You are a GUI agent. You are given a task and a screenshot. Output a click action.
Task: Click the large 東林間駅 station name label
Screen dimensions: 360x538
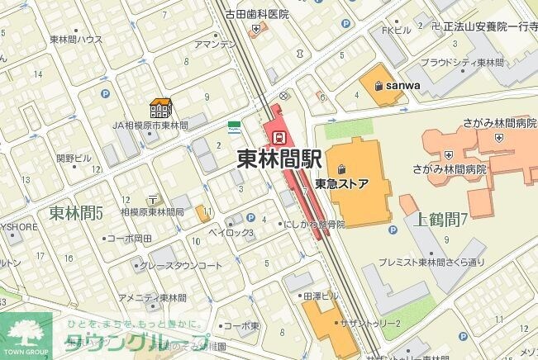tap(279, 159)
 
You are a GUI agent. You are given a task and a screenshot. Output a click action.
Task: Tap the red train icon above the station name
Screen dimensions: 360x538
tap(279, 136)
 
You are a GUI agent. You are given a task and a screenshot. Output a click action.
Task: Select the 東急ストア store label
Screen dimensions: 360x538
tap(341, 184)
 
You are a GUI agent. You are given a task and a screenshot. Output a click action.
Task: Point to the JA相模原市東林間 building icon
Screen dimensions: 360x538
tap(159, 108)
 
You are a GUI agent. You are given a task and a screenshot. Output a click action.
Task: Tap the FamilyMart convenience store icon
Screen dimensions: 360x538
tap(234, 127)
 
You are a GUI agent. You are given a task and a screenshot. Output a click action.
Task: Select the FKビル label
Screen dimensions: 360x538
tap(396, 31)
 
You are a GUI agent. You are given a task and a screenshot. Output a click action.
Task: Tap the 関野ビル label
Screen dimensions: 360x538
tap(74, 157)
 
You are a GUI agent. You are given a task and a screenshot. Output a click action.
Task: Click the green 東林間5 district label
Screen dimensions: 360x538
tap(75, 213)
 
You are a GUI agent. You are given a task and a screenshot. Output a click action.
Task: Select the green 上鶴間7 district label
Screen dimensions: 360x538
tap(440, 219)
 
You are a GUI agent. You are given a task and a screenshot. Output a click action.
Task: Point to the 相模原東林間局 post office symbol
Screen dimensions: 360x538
tap(153, 200)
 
